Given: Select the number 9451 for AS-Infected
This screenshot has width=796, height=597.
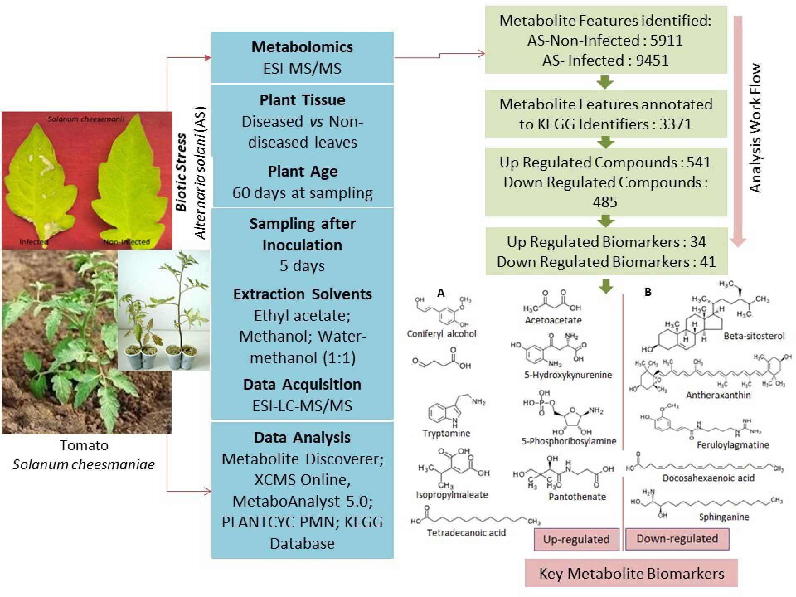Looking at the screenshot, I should pos(652,60).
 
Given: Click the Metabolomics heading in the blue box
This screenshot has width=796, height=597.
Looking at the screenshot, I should pos(302,47).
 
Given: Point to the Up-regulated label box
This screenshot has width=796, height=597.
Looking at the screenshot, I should pos(576,539).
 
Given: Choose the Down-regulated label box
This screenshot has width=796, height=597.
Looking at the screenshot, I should pos(677,539).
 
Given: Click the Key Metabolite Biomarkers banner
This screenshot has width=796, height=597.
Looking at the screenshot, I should pos(631,573).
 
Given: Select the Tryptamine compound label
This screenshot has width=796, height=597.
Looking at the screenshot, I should pos(446,433).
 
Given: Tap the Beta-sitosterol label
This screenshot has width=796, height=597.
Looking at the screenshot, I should pos(754,336).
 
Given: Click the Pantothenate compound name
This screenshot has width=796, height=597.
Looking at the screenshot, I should pos(577,496).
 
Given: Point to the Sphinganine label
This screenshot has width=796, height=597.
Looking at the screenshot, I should pos(724,517).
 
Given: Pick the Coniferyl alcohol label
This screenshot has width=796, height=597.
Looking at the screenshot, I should pos(442,334).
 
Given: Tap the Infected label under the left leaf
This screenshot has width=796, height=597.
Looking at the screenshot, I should pos(34,242).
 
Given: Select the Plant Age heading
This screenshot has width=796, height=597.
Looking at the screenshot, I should pos(303,171).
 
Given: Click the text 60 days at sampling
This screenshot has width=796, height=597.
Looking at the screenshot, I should pos(302,193).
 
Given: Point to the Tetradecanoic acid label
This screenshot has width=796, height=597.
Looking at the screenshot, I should pos(466,533).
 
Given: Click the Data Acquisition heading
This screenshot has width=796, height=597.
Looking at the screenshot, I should pos(302,384).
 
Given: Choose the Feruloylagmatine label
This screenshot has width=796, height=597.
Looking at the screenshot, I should pos(733,445).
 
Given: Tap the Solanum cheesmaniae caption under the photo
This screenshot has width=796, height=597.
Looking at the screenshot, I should pos(84,464).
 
